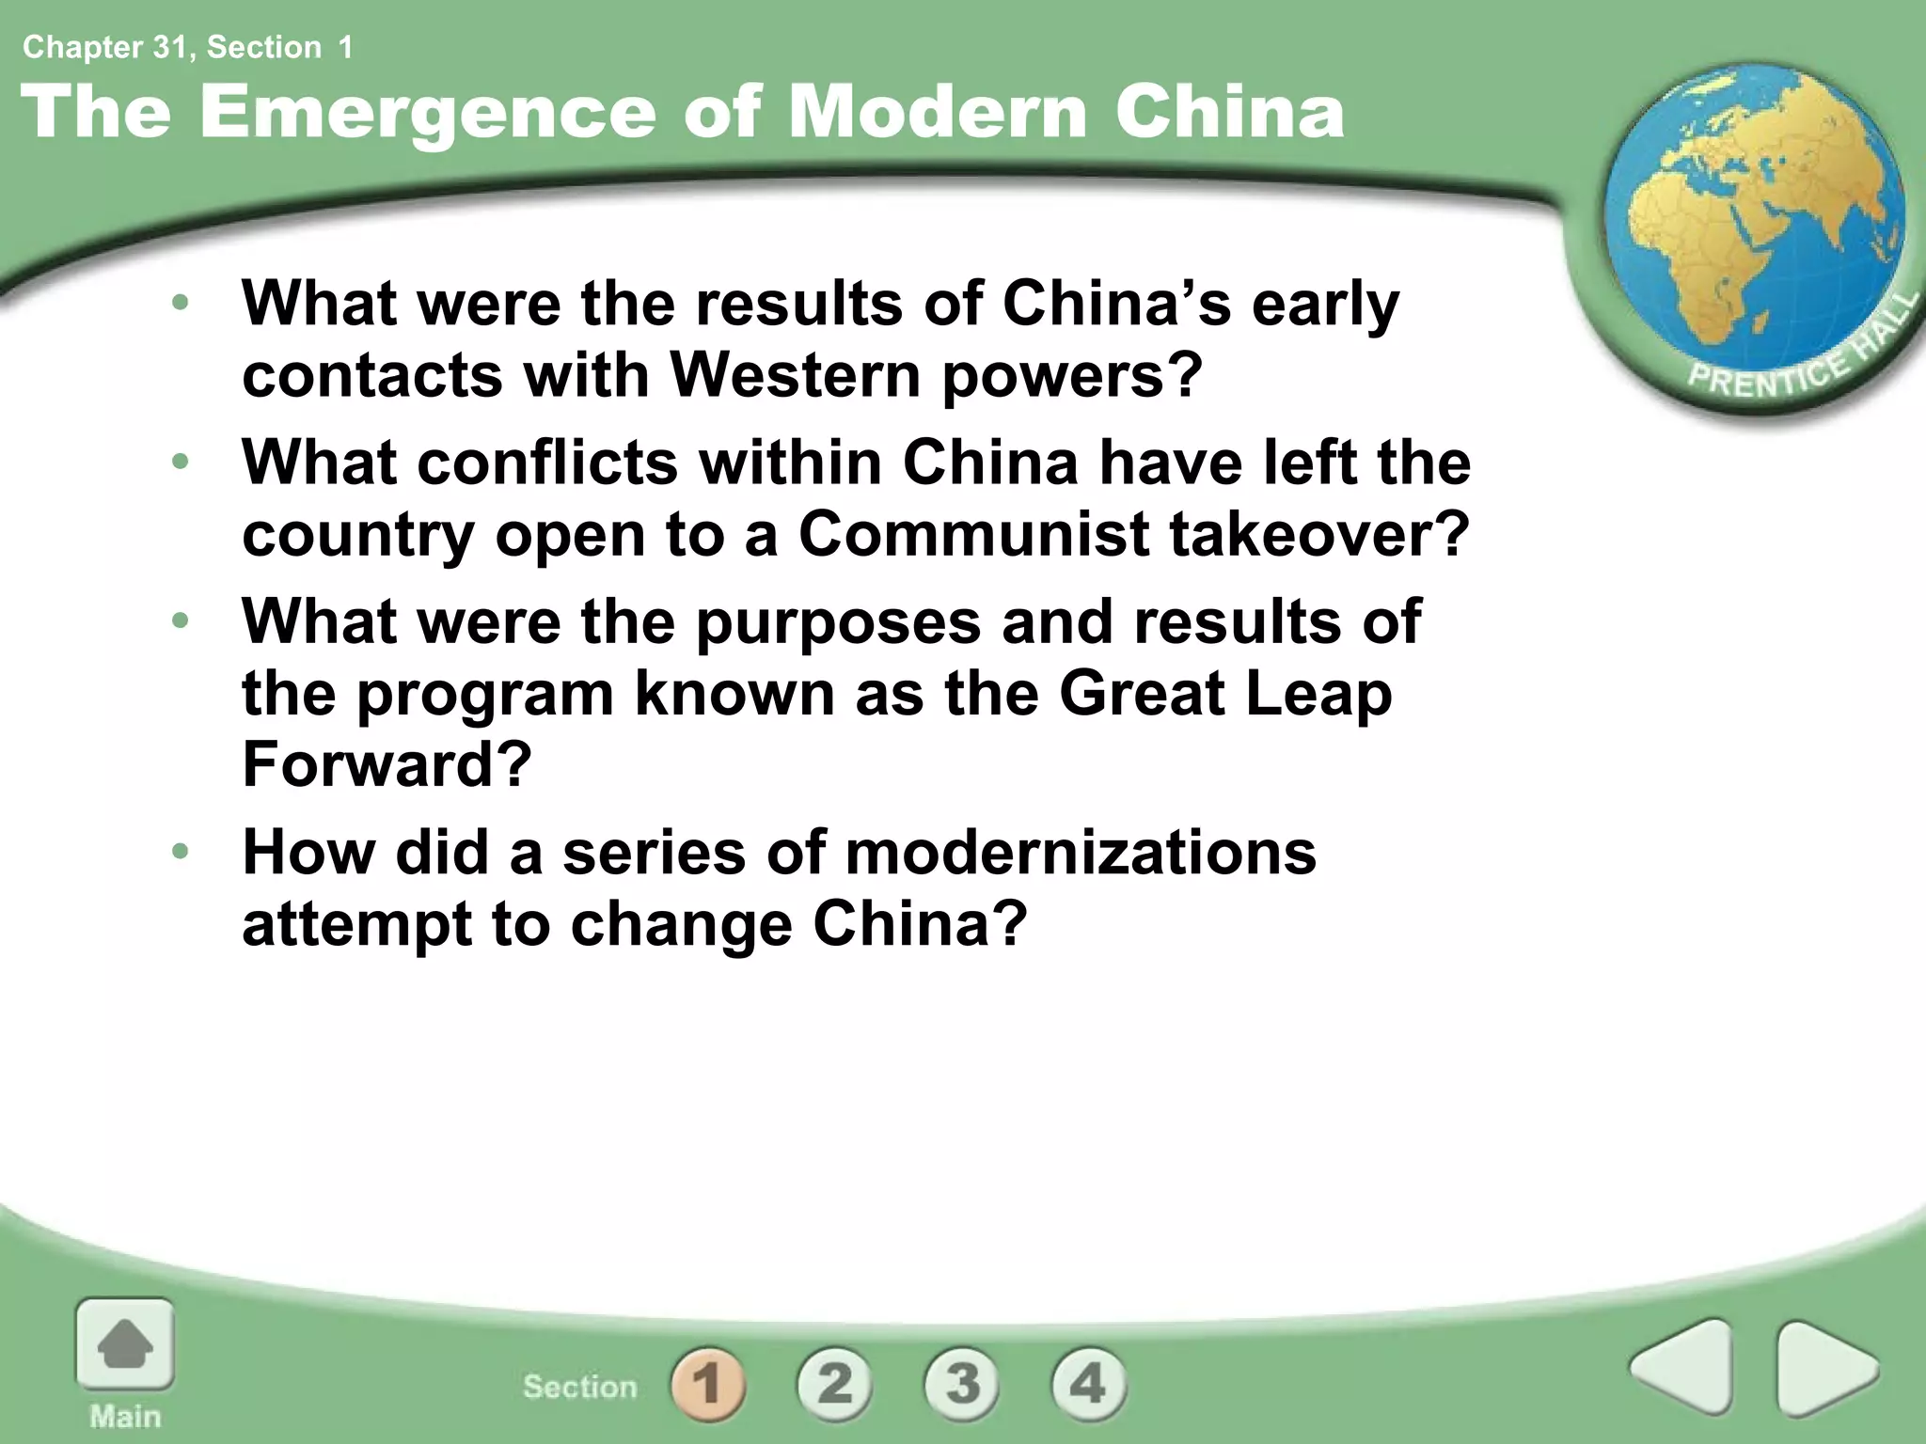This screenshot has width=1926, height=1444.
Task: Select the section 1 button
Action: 708,1384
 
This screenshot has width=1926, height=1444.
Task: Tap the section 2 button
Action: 835,1384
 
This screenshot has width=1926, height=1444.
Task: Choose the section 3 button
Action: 962,1384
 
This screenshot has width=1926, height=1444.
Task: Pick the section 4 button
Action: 1088,1384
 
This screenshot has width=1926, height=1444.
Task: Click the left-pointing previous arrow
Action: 1684,1367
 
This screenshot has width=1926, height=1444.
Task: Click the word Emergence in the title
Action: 427,113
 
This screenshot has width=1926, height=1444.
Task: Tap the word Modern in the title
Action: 937,113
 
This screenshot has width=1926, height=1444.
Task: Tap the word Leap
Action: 1318,694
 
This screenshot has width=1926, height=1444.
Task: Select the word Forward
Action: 387,763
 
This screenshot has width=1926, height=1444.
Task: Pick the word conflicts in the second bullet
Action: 548,463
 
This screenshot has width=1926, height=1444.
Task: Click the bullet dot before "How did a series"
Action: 181,852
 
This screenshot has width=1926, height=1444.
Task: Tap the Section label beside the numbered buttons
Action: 580,1386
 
